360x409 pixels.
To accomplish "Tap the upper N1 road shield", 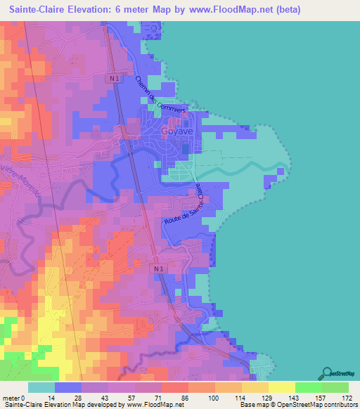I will tap(115, 79).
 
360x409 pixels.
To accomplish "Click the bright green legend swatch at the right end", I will tap(335, 387).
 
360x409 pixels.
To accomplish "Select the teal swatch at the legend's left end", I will tap(41, 387).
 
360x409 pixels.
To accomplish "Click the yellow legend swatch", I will tap(282, 387).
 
